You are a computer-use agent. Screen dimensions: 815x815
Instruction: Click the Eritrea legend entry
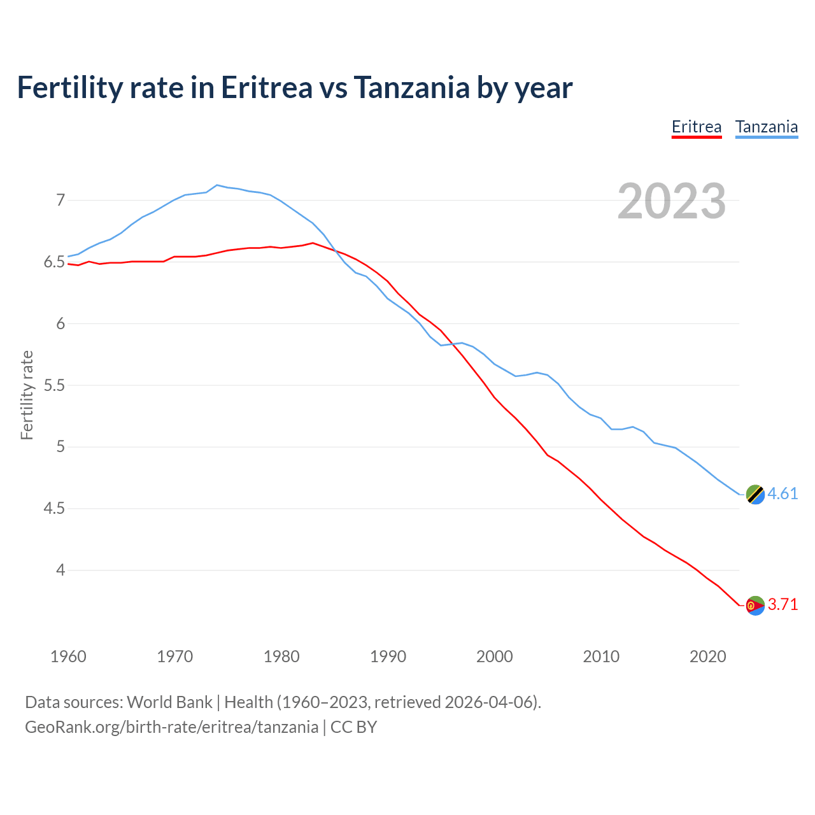click(697, 127)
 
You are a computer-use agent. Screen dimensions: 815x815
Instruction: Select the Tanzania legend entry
click(767, 127)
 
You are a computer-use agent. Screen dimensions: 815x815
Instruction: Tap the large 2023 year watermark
click(672, 201)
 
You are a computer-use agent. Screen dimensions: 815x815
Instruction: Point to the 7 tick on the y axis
click(60, 201)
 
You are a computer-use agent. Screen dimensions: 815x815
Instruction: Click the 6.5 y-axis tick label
click(54, 262)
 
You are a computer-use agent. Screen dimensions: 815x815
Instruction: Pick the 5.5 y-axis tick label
click(54, 386)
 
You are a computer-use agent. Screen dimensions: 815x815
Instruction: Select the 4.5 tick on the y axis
click(54, 509)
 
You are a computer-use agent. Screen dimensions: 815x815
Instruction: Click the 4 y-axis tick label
click(60, 570)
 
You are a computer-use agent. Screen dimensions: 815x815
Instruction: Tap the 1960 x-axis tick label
click(68, 656)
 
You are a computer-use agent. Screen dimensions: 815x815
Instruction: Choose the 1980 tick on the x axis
click(281, 656)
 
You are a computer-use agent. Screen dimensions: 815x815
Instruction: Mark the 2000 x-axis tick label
click(495, 656)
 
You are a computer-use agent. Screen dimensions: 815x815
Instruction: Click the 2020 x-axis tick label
click(707, 656)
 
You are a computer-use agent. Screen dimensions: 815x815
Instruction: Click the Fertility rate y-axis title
click(27, 395)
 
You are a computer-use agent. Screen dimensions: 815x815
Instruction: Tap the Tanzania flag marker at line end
click(755, 494)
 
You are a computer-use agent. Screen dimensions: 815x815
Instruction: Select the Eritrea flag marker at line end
click(755, 606)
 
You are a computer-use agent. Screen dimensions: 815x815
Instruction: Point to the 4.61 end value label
click(783, 494)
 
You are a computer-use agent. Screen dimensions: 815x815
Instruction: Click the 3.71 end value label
click(783, 605)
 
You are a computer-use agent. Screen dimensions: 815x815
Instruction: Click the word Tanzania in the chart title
click(411, 88)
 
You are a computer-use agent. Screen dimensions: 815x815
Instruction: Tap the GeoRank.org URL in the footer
click(171, 727)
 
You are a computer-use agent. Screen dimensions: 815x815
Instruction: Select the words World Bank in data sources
click(169, 702)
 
